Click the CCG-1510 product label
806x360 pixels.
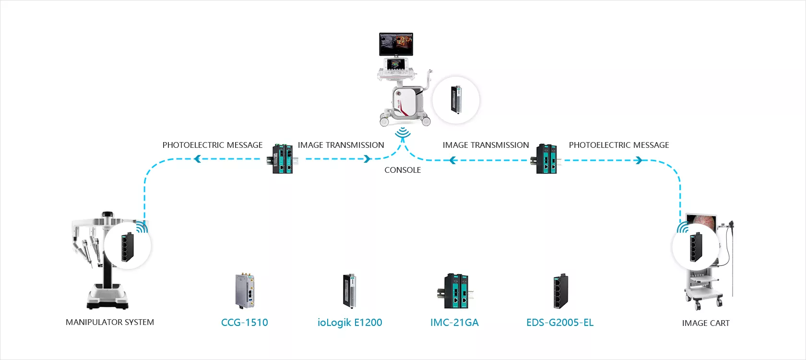tap(244, 322)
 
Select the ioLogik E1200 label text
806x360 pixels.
tap(350, 323)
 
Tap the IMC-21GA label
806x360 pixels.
tap(454, 322)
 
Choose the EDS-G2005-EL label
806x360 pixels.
tap(560, 322)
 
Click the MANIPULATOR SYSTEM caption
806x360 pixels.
tap(110, 322)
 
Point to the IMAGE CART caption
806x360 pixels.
tap(706, 324)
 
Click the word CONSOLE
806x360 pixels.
tap(403, 170)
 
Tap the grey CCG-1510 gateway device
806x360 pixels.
tap(245, 290)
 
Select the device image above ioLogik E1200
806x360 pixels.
tap(349, 291)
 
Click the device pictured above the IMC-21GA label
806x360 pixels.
tap(455, 291)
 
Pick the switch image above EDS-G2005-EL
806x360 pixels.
tap(560, 291)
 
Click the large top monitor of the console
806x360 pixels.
tap(396, 44)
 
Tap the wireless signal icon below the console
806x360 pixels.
tap(403, 132)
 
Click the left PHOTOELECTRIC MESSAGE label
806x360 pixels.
tap(212, 145)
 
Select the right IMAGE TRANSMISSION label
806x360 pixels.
tap(486, 145)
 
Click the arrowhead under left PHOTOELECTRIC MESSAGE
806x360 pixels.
tap(197, 159)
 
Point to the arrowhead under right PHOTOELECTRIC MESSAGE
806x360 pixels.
tap(639, 160)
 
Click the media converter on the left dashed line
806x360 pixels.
tap(283, 159)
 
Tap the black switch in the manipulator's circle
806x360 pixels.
tap(128, 247)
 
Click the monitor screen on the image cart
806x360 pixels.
tap(701, 223)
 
